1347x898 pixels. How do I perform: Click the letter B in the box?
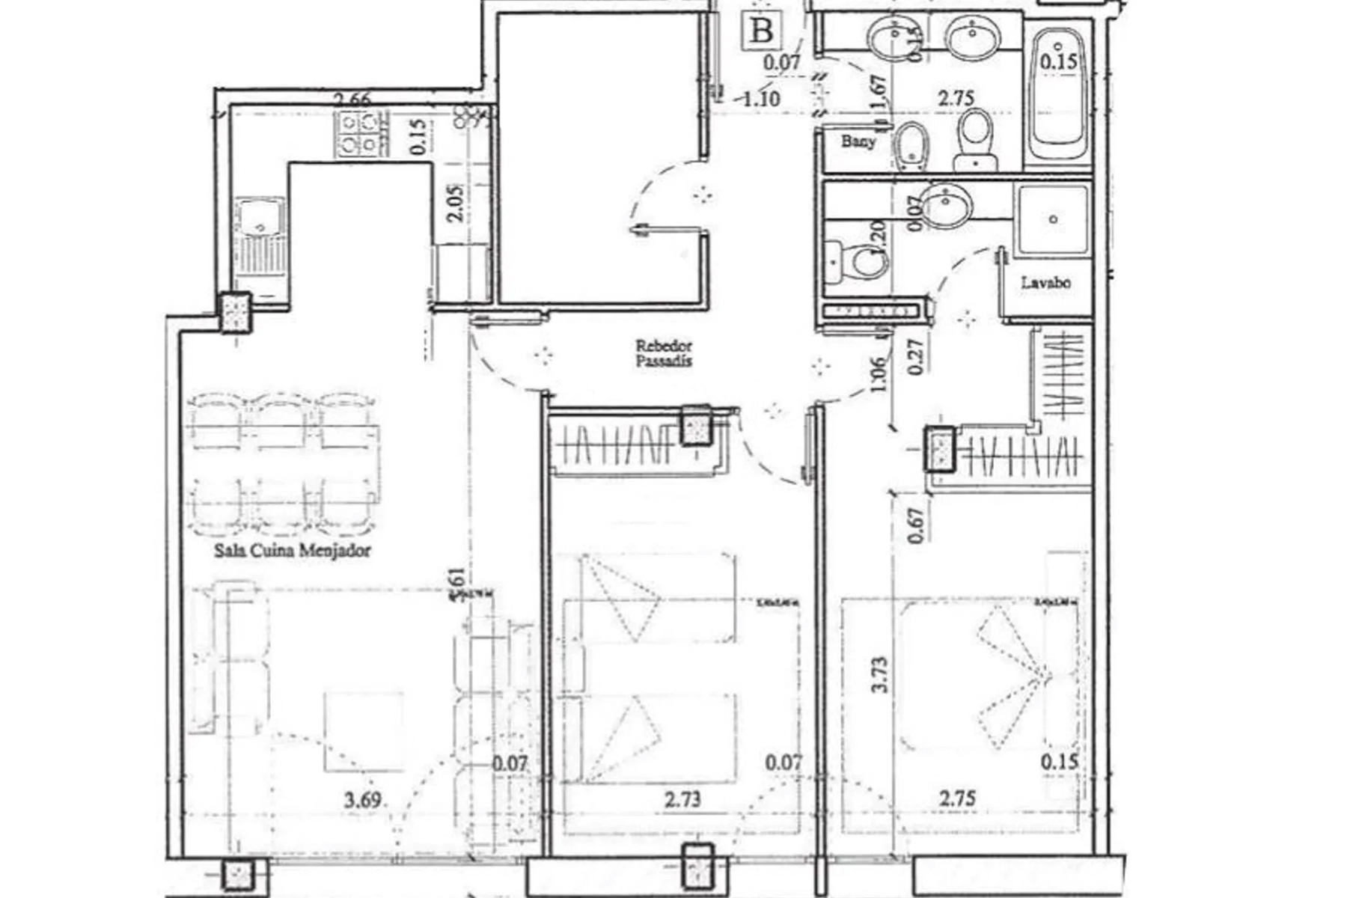pos(762,31)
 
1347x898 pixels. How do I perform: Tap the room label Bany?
pos(858,141)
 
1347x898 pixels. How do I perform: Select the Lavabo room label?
pos(1045,283)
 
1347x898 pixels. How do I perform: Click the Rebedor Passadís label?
pos(664,353)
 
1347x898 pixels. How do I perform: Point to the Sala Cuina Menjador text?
pos(292,551)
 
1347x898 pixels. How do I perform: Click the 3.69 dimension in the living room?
pos(362,799)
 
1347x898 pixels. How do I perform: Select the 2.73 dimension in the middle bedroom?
pos(682,799)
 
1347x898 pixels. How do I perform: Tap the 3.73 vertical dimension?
pos(880,674)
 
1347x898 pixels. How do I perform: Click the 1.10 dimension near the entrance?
pos(761,98)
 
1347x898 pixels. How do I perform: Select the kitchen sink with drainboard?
pos(260,243)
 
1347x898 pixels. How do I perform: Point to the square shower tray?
pos(1052,219)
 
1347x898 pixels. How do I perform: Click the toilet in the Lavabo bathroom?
pos(861,262)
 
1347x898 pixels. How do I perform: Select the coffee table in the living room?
pos(364,731)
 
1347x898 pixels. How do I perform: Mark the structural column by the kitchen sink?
pos(235,311)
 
